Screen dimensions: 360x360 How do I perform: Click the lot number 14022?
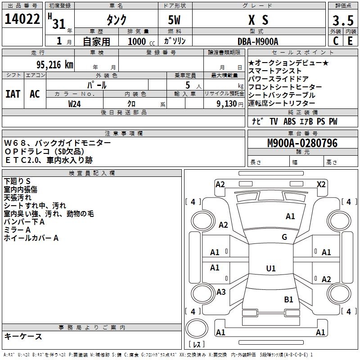[x=22, y=20]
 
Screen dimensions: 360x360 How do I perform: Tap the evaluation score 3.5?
[x=342, y=21]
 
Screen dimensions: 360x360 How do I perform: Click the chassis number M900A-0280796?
[x=302, y=143]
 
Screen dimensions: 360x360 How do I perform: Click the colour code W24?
[x=75, y=103]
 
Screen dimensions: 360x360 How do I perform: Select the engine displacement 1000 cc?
[x=137, y=41]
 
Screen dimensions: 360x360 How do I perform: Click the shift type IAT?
[x=13, y=94]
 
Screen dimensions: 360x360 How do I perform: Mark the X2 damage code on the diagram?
[x=321, y=184]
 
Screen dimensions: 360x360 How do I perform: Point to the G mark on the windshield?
[x=284, y=237]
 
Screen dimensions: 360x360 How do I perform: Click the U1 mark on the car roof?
[x=270, y=268]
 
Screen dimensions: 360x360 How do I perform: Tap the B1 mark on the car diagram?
[x=288, y=299]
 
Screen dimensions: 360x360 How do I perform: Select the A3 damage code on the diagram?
[x=221, y=292]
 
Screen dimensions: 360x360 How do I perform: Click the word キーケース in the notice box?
[x=23, y=336]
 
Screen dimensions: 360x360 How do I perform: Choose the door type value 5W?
[x=175, y=20]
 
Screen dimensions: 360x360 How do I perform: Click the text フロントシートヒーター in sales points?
[x=285, y=87]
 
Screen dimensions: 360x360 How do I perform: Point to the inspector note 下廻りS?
[x=17, y=181]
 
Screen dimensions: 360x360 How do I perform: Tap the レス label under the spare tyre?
[x=197, y=345]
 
